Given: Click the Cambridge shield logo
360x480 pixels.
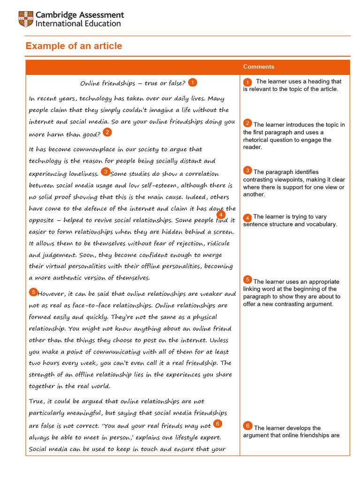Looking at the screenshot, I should tap(25, 19).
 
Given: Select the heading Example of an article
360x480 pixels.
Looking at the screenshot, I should tap(74, 46).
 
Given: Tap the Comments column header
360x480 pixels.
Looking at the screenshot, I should tap(259, 67).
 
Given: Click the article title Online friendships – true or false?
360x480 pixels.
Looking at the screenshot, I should tap(133, 83).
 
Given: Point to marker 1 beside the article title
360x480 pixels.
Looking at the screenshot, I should tap(192, 82).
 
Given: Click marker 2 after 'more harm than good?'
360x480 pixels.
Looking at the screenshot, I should tap(107, 132).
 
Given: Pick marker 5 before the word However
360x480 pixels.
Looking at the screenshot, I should tap(33, 292).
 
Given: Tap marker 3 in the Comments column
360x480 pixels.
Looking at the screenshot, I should tap(247, 170).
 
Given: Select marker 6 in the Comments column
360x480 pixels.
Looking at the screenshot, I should tap(247, 426).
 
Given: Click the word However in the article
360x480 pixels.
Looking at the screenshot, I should tap(53, 294).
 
